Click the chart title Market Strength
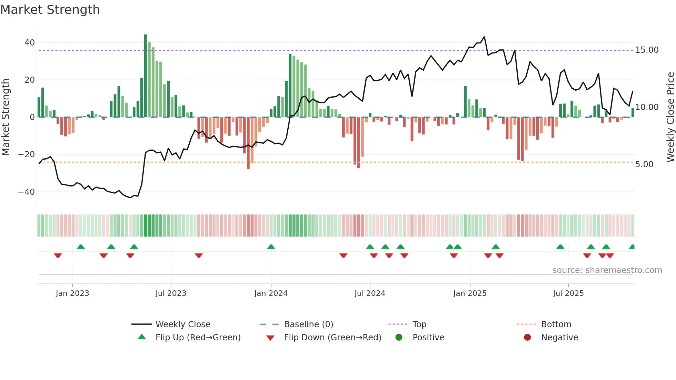50,10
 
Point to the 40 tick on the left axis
29,43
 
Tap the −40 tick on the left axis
27,192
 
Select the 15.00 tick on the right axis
647,50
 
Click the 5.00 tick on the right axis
644,164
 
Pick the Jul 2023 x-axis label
171,293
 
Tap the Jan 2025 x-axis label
470,293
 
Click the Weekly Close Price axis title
670,117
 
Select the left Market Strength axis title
6,117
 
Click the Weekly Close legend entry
182,324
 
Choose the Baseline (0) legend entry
308,324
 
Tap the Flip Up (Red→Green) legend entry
198,338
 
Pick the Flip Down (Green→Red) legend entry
332,338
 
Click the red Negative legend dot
527,338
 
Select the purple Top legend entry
419,324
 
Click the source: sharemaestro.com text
607,270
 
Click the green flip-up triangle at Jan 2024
271,247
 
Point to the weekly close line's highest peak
484,37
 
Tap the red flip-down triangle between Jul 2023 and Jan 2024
199,256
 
